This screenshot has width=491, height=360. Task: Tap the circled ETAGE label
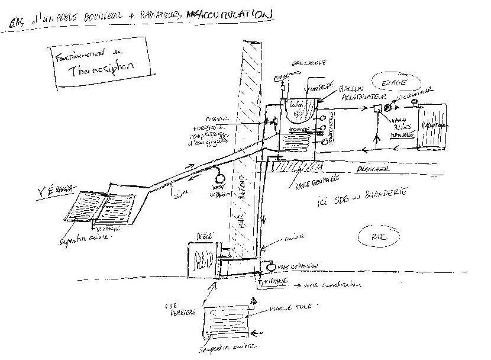[385, 81]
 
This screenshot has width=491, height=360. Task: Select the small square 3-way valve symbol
[376, 108]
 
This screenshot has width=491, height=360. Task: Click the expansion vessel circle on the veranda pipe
[221, 176]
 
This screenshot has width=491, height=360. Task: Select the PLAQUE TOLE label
[286, 308]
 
